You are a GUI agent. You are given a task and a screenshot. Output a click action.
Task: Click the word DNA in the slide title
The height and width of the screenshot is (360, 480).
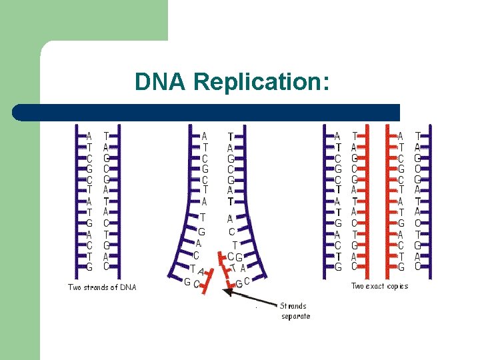click(160, 81)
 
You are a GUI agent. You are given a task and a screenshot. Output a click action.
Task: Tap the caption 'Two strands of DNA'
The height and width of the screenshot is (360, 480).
click(102, 287)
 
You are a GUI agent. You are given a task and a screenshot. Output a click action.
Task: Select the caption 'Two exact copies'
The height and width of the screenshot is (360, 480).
click(379, 286)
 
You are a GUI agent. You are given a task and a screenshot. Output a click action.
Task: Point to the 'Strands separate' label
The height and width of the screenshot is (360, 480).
click(295, 311)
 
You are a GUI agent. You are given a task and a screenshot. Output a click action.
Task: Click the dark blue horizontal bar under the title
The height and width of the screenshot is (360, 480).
click(207, 112)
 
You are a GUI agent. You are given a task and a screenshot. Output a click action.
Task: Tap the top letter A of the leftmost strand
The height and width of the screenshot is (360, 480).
click(89, 136)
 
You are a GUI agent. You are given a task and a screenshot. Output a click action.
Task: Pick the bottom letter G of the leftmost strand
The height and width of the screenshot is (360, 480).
click(89, 267)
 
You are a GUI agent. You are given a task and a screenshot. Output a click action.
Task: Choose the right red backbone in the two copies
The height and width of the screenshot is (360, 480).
click(387, 200)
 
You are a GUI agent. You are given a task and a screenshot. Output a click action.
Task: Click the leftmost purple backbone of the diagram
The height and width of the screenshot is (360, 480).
click(76, 200)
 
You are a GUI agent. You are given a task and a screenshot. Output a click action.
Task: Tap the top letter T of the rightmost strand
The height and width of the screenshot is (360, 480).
click(418, 136)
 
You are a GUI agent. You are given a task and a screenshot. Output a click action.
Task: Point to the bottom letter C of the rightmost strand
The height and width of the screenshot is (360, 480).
click(418, 267)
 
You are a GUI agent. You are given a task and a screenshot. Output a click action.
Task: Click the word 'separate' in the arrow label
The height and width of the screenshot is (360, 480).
click(295, 316)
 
